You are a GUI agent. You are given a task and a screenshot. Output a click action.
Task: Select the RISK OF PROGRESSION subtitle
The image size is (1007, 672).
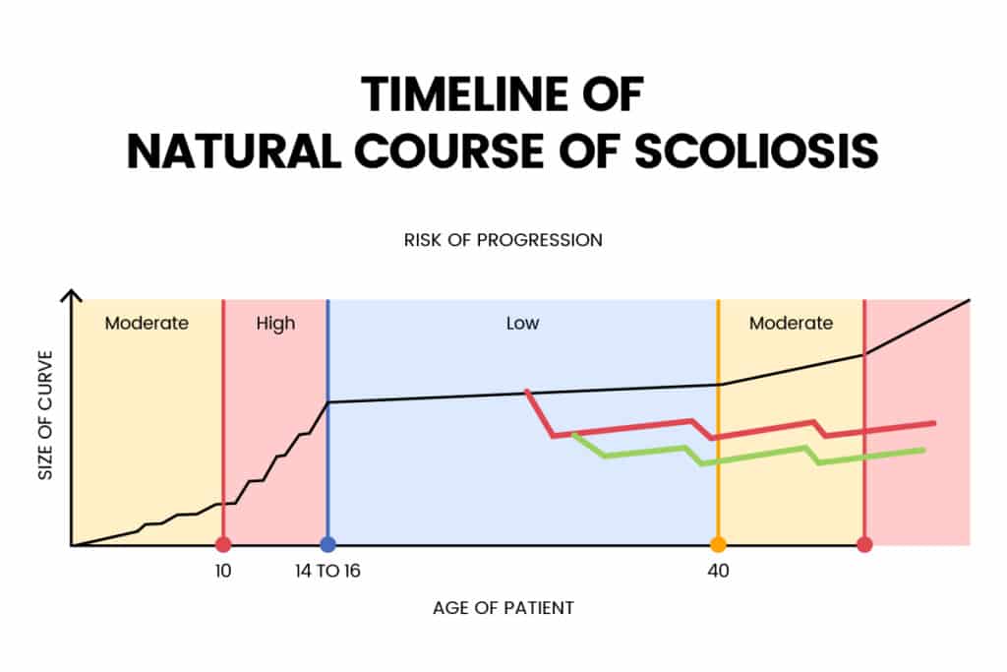503,239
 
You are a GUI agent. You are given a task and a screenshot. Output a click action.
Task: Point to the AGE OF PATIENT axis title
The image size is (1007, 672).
503,607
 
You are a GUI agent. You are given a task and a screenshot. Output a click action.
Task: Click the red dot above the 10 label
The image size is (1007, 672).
223,544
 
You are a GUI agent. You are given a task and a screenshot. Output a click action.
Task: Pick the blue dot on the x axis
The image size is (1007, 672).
327,544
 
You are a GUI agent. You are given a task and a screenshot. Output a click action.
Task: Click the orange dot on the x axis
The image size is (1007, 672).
718,544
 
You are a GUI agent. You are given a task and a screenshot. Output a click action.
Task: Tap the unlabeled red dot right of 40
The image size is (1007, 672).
864,544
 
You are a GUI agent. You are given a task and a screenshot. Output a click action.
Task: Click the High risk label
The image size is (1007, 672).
275,324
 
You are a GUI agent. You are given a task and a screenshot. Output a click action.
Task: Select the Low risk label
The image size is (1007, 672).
522,324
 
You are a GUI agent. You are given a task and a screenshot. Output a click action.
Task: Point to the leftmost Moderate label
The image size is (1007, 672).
147,324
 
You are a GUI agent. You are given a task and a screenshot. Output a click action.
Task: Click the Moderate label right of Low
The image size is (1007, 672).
791,324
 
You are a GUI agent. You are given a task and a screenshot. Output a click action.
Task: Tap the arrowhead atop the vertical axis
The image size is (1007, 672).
71,294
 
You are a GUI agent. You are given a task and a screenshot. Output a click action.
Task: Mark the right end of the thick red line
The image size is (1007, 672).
932,423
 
